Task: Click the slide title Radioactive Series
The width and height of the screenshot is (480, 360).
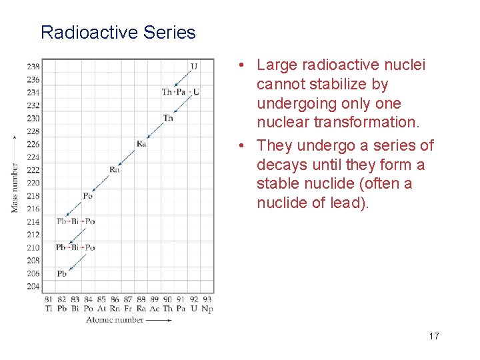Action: click(118, 32)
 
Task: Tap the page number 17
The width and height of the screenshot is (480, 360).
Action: click(434, 336)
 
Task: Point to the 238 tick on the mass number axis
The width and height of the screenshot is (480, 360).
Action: click(33, 66)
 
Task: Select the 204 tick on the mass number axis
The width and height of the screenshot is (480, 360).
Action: click(33, 286)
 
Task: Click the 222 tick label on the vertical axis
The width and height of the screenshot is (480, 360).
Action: click(33, 170)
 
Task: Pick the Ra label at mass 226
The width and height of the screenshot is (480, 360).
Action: click(141, 143)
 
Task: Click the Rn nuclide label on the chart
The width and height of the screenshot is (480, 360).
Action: click(115, 169)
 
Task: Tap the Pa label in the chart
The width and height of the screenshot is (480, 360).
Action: click(181, 91)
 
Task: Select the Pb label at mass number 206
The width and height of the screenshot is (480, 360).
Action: click(61, 273)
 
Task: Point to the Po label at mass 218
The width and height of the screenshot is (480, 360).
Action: click(87, 195)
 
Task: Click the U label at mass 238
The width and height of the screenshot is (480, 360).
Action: click(194, 66)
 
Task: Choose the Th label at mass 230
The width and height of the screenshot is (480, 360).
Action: click(168, 118)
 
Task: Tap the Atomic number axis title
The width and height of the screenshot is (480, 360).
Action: click(115, 320)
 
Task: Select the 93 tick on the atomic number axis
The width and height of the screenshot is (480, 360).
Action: click(207, 300)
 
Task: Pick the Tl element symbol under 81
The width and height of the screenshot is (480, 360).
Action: click(49, 309)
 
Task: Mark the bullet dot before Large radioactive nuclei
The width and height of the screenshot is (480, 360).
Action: click(245, 65)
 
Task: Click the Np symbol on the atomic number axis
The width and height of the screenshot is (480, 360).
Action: click(207, 309)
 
